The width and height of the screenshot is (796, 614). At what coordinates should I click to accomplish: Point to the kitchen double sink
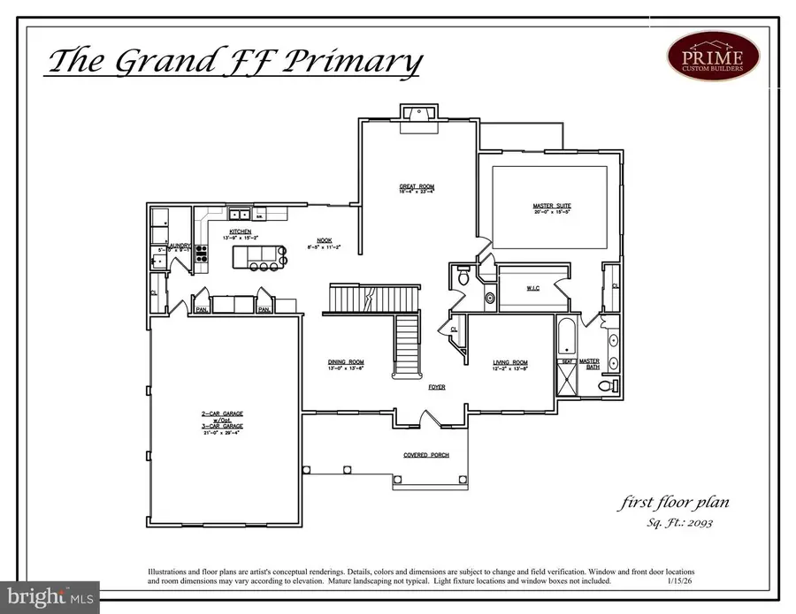tap(239, 214)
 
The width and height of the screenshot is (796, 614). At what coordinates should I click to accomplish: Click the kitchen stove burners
tap(202, 254)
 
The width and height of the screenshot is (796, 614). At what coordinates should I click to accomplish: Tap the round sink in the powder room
tap(489, 298)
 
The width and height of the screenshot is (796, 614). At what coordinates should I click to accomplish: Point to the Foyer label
tap(436, 387)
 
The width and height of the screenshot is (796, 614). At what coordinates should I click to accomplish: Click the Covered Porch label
tap(426, 455)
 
